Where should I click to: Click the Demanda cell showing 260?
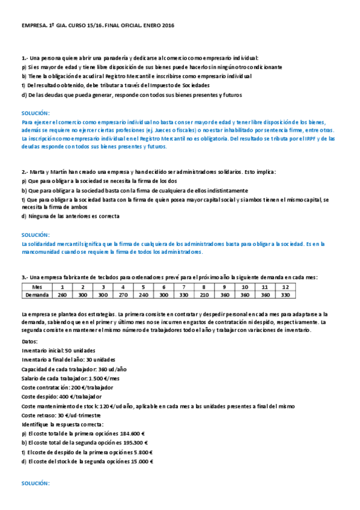coord(62,295)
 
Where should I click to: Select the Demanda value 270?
coord(123,295)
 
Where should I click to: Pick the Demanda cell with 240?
coord(144,295)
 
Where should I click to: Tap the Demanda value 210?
coord(205,295)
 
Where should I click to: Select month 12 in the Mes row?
coord(285,287)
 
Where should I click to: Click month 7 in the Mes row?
coord(185,287)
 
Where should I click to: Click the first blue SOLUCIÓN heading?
coord(35,113)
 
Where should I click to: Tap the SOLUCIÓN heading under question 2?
coord(35,235)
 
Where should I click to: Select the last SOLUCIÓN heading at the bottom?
coord(35,483)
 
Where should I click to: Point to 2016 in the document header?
coord(168,26)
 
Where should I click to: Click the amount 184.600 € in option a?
coord(133,433)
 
